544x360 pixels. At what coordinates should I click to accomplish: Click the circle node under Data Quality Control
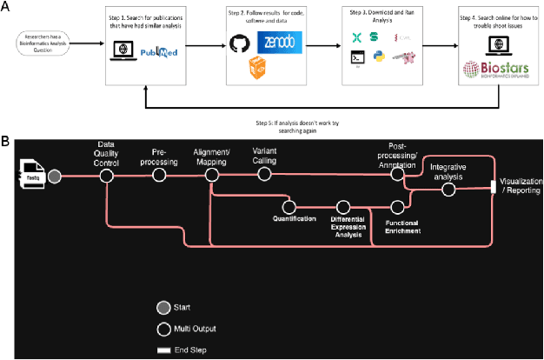106,176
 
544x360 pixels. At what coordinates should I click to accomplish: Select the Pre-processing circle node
159,176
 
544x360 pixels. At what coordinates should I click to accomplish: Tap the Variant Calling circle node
264,176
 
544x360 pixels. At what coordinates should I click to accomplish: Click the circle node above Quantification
289,207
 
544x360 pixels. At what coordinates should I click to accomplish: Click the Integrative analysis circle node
448,189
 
